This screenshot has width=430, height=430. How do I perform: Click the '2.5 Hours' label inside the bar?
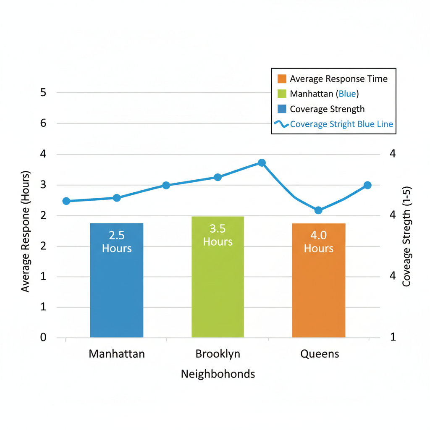click(x=117, y=241)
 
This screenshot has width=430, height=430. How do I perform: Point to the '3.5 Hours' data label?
click(x=218, y=235)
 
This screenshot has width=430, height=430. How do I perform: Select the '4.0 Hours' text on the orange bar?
click(x=319, y=241)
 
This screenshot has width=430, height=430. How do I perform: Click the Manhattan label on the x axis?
click(x=117, y=354)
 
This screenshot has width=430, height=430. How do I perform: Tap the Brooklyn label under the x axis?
click(x=218, y=354)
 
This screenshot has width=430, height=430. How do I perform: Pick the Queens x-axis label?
click(x=320, y=354)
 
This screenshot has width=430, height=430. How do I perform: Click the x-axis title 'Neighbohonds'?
click(x=218, y=374)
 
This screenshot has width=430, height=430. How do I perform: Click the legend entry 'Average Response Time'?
click(x=338, y=79)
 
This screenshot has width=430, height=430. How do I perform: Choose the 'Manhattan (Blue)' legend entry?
click(x=324, y=94)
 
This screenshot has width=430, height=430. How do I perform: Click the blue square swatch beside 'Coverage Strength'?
click(x=282, y=109)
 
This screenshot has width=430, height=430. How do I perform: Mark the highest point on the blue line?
click(x=262, y=163)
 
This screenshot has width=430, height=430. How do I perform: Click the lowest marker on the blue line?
click(x=318, y=210)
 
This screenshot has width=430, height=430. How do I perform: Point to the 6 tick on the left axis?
click(x=43, y=123)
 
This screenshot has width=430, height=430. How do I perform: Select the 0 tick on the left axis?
click(x=43, y=338)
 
